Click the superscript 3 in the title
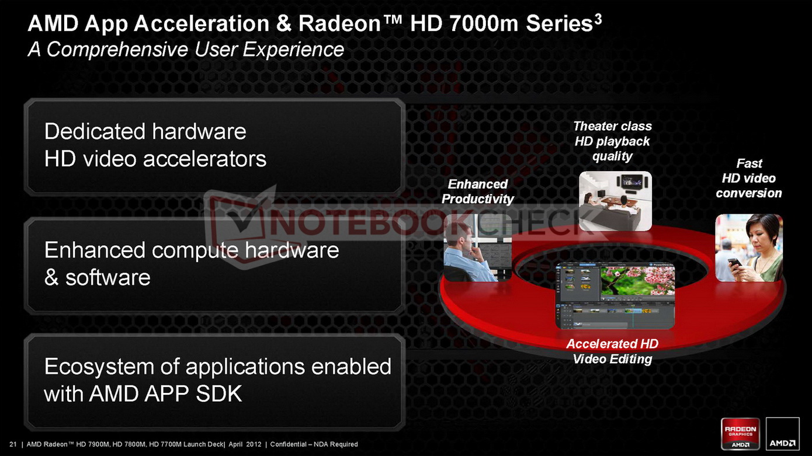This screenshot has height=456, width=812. pyautogui.click(x=598, y=19)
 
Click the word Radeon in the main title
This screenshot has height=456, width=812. pyautogui.click(x=339, y=24)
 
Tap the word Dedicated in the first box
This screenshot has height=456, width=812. pyautogui.click(x=95, y=131)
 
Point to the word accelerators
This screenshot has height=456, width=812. pyautogui.click(x=205, y=159)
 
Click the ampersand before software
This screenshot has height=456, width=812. pyautogui.click(x=51, y=277)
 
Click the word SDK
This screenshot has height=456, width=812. pyautogui.click(x=219, y=394)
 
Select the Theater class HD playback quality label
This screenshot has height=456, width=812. pyautogui.click(x=612, y=141)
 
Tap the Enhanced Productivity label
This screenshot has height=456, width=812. pyautogui.click(x=477, y=192)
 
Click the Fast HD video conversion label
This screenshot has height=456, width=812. pyautogui.click(x=749, y=178)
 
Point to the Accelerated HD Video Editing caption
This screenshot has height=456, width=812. pyautogui.click(x=612, y=351)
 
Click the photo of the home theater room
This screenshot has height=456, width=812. pyautogui.click(x=615, y=201)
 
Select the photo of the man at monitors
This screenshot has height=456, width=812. pyautogui.click(x=478, y=248)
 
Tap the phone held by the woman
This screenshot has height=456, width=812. pyautogui.click(x=735, y=263)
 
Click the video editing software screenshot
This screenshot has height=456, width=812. pyautogui.click(x=615, y=295)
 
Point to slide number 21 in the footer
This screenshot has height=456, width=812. pyautogui.click(x=13, y=444)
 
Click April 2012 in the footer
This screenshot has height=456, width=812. pyautogui.click(x=245, y=444)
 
